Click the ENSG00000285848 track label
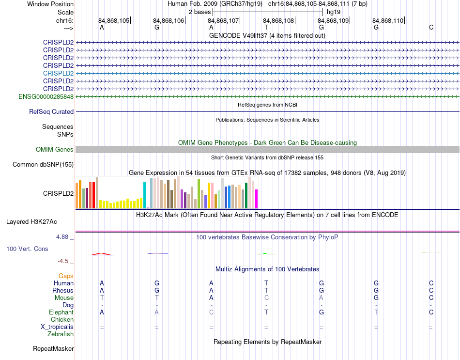(x=46, y=97)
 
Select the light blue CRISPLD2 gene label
(x=58, y=73)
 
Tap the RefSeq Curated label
(x=51, y=112)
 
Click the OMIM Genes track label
(x=55, y=150)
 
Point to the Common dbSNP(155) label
(x=43, y=165)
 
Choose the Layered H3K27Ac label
(x=31, y=222)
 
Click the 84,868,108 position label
(x=278, y=21)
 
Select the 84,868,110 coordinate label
(x=388, y=21)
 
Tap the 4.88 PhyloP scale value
(x=63, y=237)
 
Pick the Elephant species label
(x=61, y=313)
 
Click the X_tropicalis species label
(x=57, y=327)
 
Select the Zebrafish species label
(x=61, y=334)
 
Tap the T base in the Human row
(x=266, y=283)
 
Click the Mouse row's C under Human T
(x=266, y=297)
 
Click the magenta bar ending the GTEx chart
(x=256, y=199)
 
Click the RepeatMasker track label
(x=53, y=349)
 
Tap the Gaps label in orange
(x=66, y=276)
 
